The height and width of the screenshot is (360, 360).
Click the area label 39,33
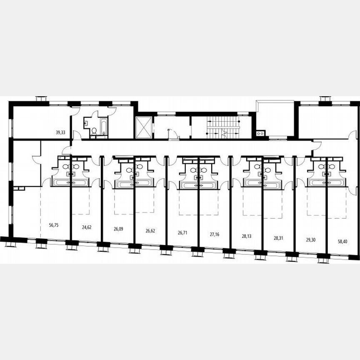click(x=61, y=132)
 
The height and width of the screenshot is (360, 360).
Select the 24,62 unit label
click(x=87, y=227)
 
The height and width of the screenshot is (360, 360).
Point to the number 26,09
click(x=118, y=229)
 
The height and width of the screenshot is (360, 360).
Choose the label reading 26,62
click(x=150, y=230)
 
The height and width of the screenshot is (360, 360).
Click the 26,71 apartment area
click(x=183, y=232)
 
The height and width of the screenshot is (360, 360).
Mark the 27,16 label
click(x=215, y=234)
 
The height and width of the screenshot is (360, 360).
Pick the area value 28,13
click(x=247, y=236)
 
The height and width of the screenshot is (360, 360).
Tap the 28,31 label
click(x=279, y=238)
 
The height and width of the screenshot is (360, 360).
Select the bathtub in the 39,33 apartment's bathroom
click(x=103, y=127)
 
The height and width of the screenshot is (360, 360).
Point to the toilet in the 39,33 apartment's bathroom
click(x=94, y=131)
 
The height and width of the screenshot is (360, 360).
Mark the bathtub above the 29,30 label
click(x=317, y=182)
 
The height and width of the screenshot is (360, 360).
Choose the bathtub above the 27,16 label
click(x=208, y=185)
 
